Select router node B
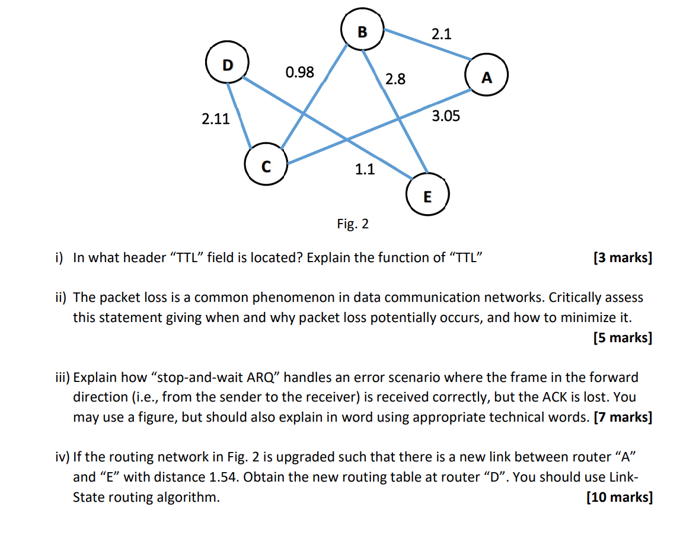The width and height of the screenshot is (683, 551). pyautogui.click(x=363, y=30)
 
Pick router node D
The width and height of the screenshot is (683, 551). pyautogui.click(x=227, y=65)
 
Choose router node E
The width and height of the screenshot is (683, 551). pyautogui.click(x=427, y=195)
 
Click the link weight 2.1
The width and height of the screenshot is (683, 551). pyautogui.click(x=441, y=34)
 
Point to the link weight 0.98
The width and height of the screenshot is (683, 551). pyautogui.click(x=299, y=72)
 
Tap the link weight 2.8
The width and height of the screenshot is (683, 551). pyautogui.click(x=395, y=79)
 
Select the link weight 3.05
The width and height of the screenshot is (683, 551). pyautogui.click(x=445, y=116)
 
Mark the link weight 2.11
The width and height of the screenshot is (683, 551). pyautogui.click(x=215, y=119)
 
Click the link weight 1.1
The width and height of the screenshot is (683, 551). pyautogui.click(x=365, y=170)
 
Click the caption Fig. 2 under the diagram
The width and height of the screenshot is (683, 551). pyautogui.click(x=352, y=224)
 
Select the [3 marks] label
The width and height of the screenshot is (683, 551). pyautogui.click(x=622, y=258)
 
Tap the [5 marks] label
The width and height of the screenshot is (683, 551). pyautogui.click(x=622, y=337)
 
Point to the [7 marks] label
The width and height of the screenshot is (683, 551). pyautogui.click(x=622, y=417)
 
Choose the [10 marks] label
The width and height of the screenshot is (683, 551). pyautogui.click(x=619, y=497)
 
